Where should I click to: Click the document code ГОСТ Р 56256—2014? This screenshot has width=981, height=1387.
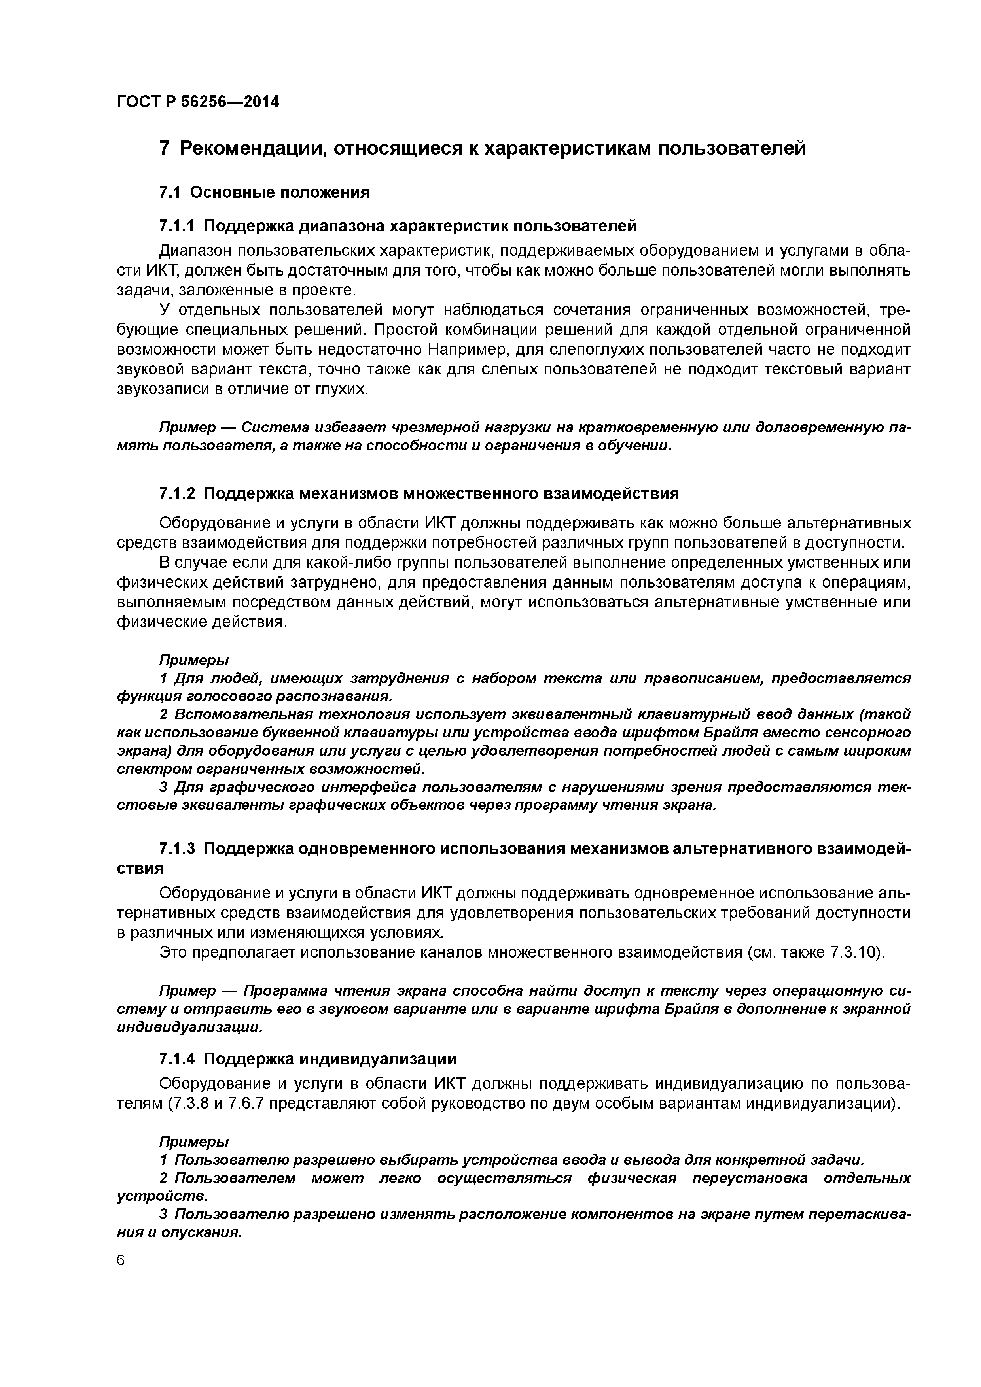point(198,102)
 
